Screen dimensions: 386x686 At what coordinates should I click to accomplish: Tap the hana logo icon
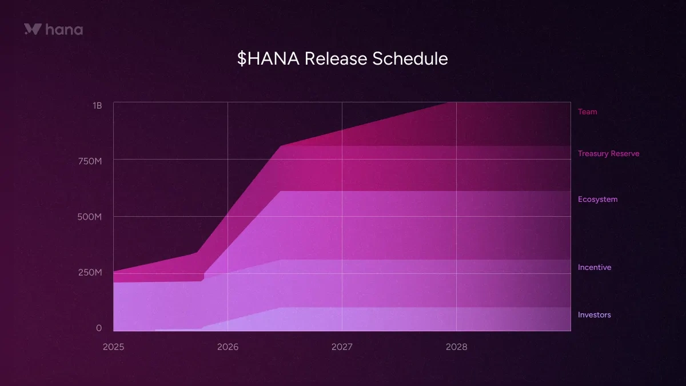tap(32, 29)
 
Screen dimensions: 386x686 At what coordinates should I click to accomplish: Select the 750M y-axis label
tap(90, 162)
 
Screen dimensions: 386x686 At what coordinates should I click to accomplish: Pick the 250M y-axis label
tap(90, 272)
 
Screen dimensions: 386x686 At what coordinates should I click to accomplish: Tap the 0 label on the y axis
tap(99, 328)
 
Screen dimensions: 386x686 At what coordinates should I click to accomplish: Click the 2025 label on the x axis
tap(113, 347)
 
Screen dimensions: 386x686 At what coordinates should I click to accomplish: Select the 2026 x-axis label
tap(228, 347)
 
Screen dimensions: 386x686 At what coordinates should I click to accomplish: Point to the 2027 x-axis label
tap(342, 347)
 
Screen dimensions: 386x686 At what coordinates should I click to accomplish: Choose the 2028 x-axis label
tap(456, 347)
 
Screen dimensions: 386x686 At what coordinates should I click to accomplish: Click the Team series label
tap(587, 112)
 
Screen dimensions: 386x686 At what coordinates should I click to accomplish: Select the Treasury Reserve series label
tap(608, 154)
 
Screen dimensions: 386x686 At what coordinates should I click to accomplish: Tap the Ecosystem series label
tap(597, 200)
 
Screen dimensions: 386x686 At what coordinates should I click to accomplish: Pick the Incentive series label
tap(594, 268)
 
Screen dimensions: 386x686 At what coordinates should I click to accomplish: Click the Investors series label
tap(594, 315)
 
